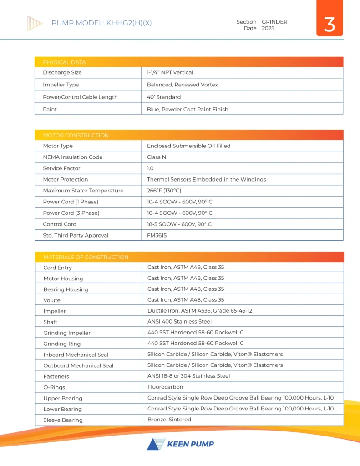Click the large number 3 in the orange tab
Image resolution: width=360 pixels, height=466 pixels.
[x=329, y=25]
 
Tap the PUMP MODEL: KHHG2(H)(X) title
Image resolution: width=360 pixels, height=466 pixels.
[x=101, y=23]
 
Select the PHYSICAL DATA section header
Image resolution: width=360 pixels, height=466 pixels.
[x=64, y=62]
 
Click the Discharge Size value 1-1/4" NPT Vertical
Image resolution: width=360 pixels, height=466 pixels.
[x=170, y=72]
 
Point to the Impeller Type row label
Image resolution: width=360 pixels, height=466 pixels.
[x=61, y=85]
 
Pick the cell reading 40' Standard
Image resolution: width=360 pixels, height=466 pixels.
[x=163, y=97]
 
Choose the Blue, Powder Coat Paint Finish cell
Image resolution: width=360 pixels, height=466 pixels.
[x=188, y=109]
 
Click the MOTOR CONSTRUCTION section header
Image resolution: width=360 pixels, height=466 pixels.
[x=76, y=135]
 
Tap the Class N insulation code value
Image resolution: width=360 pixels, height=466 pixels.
[x=157, y=157]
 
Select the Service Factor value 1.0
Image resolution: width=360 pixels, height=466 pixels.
[x=150, y=168]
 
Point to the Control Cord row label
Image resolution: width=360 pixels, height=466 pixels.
[x=60, y=224]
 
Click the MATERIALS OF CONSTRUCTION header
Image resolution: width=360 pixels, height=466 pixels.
[x=86, y=257]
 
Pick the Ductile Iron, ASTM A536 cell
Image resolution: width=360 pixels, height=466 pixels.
[x=200, y=311]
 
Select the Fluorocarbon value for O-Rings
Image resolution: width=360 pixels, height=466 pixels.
[x=165, y=387]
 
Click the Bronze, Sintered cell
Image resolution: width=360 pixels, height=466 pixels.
[x=169, y=420]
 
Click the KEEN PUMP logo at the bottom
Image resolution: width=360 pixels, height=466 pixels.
[x=180, y=444]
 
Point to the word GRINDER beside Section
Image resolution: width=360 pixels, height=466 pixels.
[x=274, y=22]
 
